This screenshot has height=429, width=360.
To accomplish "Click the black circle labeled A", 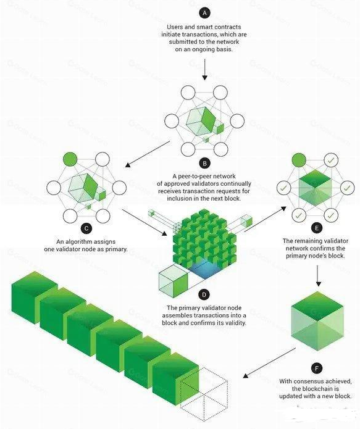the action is point(204,13).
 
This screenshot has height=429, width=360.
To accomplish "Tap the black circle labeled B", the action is point(204,164).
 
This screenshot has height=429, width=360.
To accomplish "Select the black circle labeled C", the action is point(86,228).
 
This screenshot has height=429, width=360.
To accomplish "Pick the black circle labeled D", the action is point(204,295).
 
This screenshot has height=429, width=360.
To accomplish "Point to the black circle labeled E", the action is point(317,228).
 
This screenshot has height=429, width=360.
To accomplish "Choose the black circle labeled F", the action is point(317,369).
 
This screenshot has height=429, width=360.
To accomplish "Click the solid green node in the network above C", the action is point(70,159).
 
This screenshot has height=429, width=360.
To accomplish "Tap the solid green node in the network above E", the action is point(299,160).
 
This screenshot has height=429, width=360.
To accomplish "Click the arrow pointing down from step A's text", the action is point(205,70).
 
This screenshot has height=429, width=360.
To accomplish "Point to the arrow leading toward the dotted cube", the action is point(269,363).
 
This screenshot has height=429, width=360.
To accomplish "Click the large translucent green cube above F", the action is point(317,321).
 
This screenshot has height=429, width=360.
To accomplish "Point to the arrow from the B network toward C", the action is point(148,154).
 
